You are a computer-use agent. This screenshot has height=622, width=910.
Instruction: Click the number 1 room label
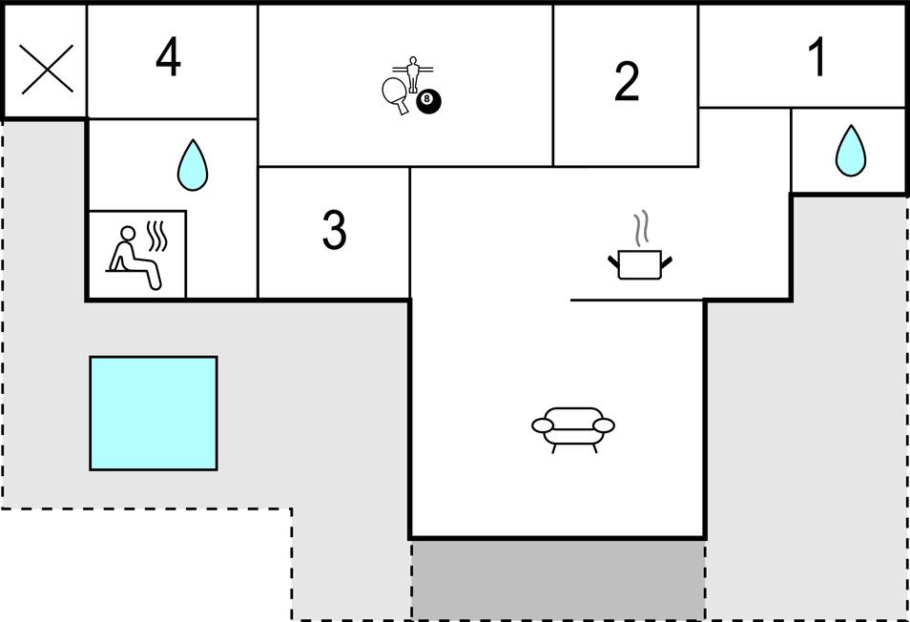[x=817, y=57]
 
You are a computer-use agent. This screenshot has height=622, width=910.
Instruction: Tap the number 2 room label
[x=627, y=82]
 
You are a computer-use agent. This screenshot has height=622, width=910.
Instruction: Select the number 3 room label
[x=334, y=230]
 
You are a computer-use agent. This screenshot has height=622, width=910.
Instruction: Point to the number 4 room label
[x=168, y=57]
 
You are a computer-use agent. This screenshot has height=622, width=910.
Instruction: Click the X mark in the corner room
[x=47, y=69]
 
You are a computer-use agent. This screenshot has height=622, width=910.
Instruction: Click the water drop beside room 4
[x=192, y=165]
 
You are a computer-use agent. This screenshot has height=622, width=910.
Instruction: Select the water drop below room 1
[x=850, y=151]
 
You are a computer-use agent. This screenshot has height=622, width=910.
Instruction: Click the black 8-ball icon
[x=428, y=101]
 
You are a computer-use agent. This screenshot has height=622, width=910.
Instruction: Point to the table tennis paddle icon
[x=395, y=94]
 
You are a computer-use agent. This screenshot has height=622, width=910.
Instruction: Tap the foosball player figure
[x=413, y=74]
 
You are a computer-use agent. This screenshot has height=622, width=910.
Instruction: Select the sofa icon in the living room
[x=573, y=429]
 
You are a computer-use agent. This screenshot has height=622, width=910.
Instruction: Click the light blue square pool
[x=154, y=413]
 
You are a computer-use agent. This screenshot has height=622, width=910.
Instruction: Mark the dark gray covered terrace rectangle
[x=558, y=579]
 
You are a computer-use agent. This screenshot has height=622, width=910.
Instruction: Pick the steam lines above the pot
[x=641, y=229]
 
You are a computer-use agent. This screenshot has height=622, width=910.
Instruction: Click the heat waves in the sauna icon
[x=156, y=237]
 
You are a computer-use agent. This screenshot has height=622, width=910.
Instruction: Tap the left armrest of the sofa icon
[x=543, y=425]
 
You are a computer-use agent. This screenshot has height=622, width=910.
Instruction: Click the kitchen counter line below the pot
[x=636, y=300]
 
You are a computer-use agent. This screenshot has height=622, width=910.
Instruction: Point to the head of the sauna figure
[x=128, y=233]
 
